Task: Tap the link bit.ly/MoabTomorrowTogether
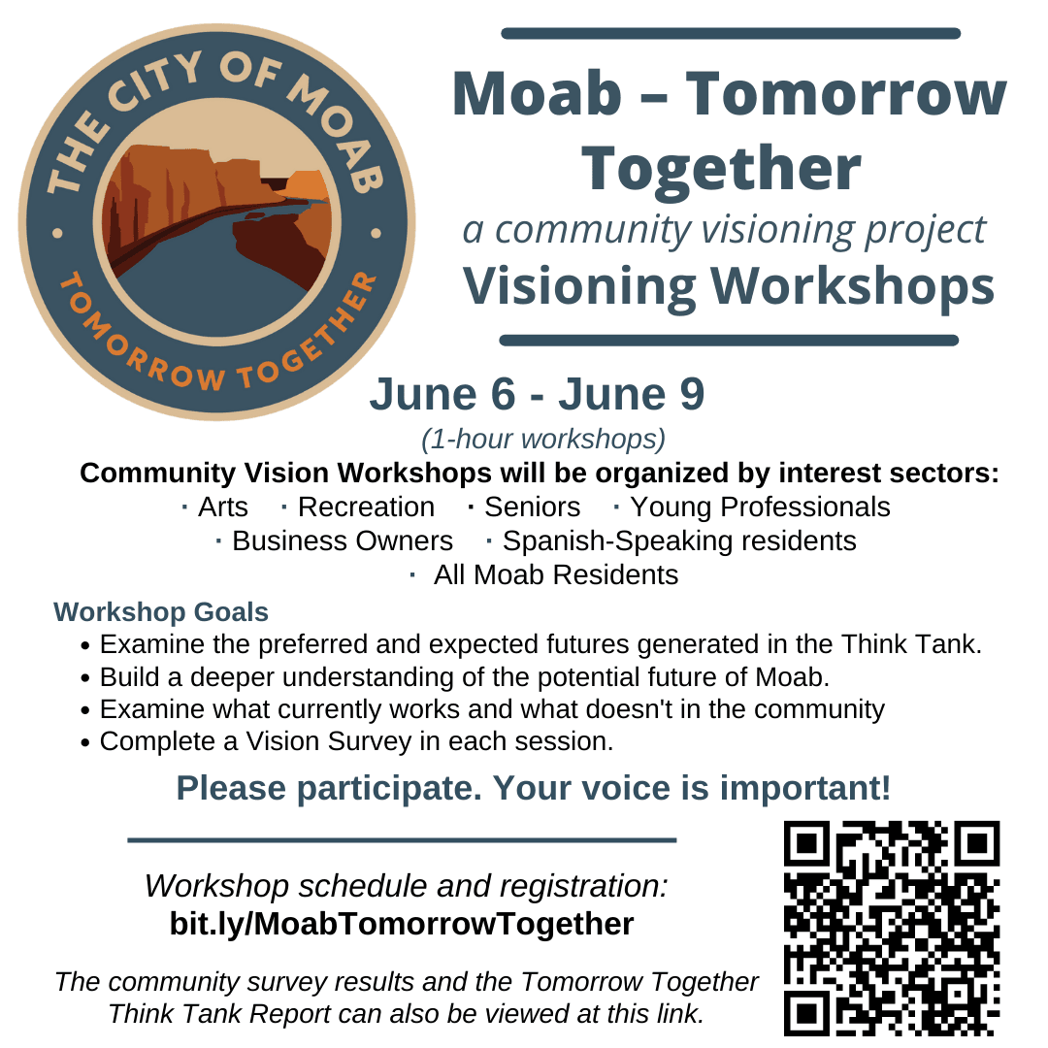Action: (x=402, y=924)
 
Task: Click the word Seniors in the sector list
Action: (x=532, y=508)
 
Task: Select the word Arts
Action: (x=222, y=508)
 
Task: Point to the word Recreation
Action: (x=366, y=508)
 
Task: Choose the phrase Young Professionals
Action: (x=760, y=508)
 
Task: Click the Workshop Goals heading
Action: (x=161, y=612)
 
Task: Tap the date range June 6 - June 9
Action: (x=537, y=395)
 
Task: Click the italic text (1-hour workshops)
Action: (x=543, y=440)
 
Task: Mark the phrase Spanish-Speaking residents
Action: (x=678, y=540)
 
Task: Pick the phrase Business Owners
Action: (x=342, y=540)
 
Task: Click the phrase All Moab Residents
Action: (x=555, y=575)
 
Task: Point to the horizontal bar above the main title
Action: (x=730, y=34)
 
